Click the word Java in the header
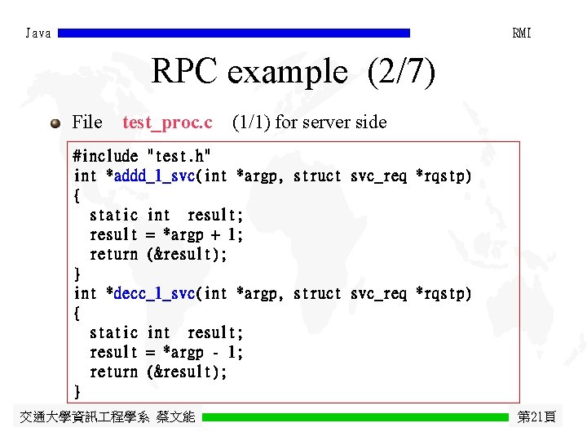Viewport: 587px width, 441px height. pyautogui.click(x=38, y=33)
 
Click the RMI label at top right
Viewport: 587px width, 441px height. pyautogui.click(x=522, y=33)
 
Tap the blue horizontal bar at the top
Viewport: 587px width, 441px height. pyautogui.click(x=234, y=33)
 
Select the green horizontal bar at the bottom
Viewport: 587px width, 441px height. pyautogui.click(x=355, y=417)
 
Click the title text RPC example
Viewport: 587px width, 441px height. pyautogui.click(x=249, y=73)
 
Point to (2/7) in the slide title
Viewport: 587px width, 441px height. pyautogui.click(x=401, y=73)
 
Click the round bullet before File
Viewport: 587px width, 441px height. pyautogui.click(x=55, y=123)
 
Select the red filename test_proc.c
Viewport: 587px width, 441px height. pyautogui.click(x=167, y=122)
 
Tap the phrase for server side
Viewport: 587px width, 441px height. pyautogui.click(x=331, y=122)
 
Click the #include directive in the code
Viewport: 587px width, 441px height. pyautogui.click(x=105, y=156)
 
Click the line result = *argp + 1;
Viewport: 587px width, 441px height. pyautogui.click(x=166, y=234)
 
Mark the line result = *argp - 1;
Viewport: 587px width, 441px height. pyautogui.click(x=166, y=352)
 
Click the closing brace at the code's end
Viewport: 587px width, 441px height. pyautogui.click(x=77, y=391)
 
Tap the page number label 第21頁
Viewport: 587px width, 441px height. pyautogui.click(x=536, y=417)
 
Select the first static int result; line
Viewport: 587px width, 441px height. pyautogui.click(x=166, y=215)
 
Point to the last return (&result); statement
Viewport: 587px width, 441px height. pyautogui.click(x=158, y=372)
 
